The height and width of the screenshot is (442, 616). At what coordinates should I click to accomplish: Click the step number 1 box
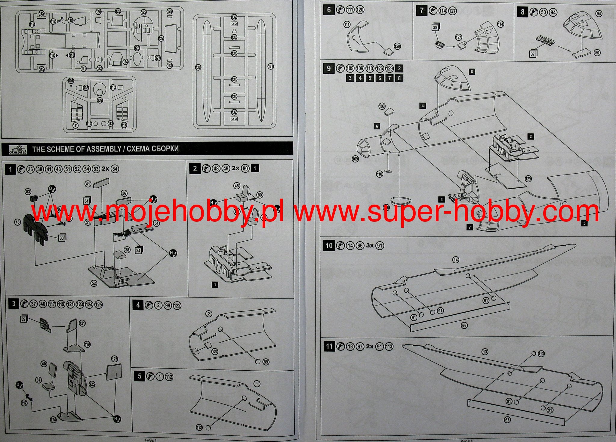11,169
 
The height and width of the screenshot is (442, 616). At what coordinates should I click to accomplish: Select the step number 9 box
328,68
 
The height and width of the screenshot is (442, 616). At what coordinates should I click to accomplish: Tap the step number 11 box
329,346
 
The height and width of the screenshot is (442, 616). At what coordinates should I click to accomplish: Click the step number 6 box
328,10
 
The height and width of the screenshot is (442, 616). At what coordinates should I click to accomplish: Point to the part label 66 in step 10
464,326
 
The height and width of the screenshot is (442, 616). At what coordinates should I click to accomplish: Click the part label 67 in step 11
507,420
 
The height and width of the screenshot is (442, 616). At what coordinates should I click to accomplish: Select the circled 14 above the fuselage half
456,260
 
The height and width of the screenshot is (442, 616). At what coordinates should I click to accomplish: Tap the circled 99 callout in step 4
266,362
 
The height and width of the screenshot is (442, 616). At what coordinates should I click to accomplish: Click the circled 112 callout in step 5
199,427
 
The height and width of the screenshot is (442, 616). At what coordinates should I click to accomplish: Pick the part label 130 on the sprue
198,67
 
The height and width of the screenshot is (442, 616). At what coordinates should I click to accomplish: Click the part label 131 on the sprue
271,66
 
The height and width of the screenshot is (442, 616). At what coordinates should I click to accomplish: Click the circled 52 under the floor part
94,283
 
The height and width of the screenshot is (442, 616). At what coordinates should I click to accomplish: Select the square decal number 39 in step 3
24,319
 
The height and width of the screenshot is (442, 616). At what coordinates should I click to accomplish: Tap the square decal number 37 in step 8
533,54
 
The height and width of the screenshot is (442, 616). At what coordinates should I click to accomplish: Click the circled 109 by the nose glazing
355,159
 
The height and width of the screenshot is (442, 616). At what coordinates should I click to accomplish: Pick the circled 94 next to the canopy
599,14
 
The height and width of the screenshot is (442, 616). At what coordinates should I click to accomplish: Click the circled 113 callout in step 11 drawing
541,354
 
